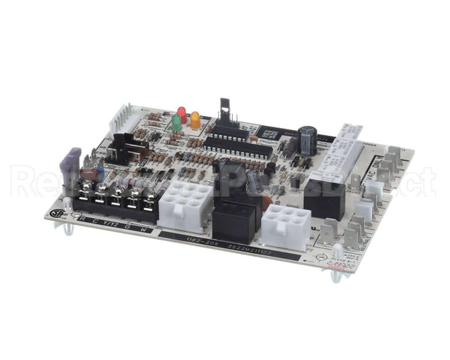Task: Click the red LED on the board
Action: [x=181, y=112]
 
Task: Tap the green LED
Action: [x=176, y=122]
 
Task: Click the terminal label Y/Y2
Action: [x=108, y=224]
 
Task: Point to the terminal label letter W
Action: [x=143, y=229]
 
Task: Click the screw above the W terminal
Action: [x=148, y=199]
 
